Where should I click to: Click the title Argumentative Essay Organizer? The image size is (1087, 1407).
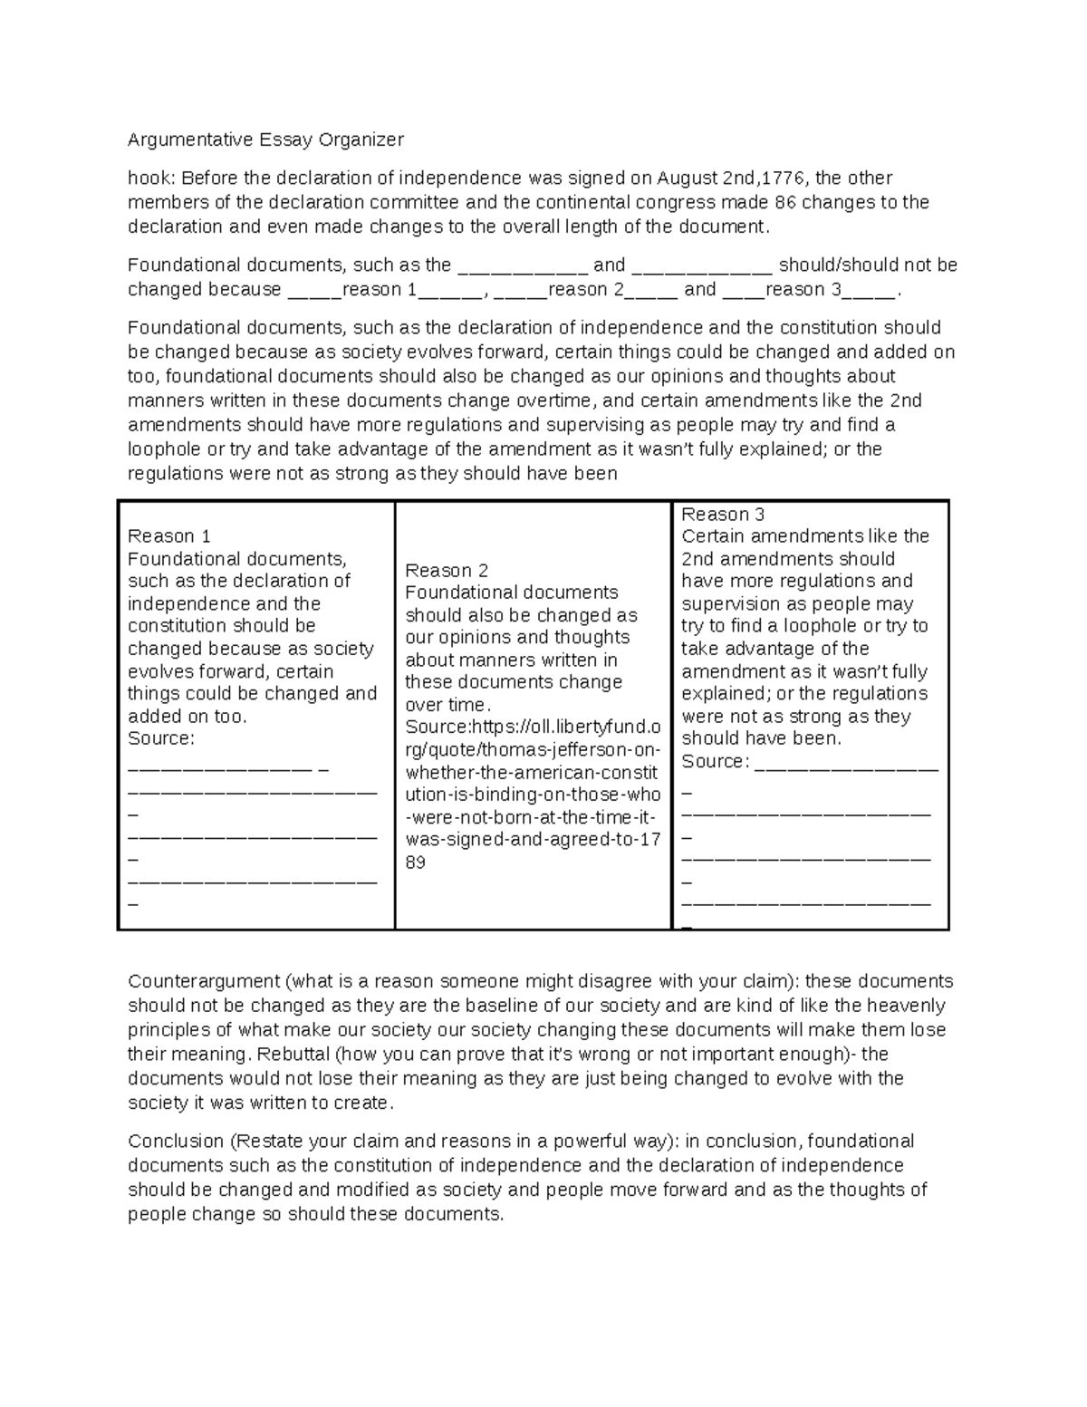click(x=265, y=140)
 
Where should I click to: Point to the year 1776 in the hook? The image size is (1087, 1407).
click(x=780, y=178)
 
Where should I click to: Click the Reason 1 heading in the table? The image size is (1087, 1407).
click(x=169, y=536)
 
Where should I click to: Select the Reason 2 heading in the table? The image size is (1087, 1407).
click(x=447, y=571)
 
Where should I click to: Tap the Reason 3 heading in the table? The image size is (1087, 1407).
click(x=723, y=515)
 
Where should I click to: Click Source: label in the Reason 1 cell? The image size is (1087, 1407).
click(x=161, y=738)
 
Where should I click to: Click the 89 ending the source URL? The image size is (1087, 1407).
click(x=416, y=863)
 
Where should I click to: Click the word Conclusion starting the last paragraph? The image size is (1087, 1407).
click(x=176, y=1142)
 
